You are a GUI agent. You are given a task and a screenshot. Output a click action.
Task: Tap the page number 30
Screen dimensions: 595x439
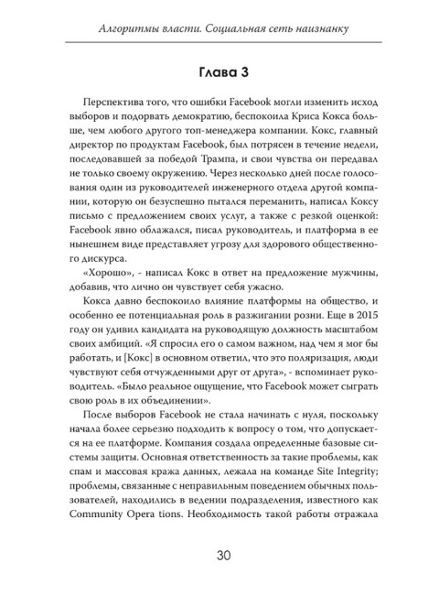coord(219,559)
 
